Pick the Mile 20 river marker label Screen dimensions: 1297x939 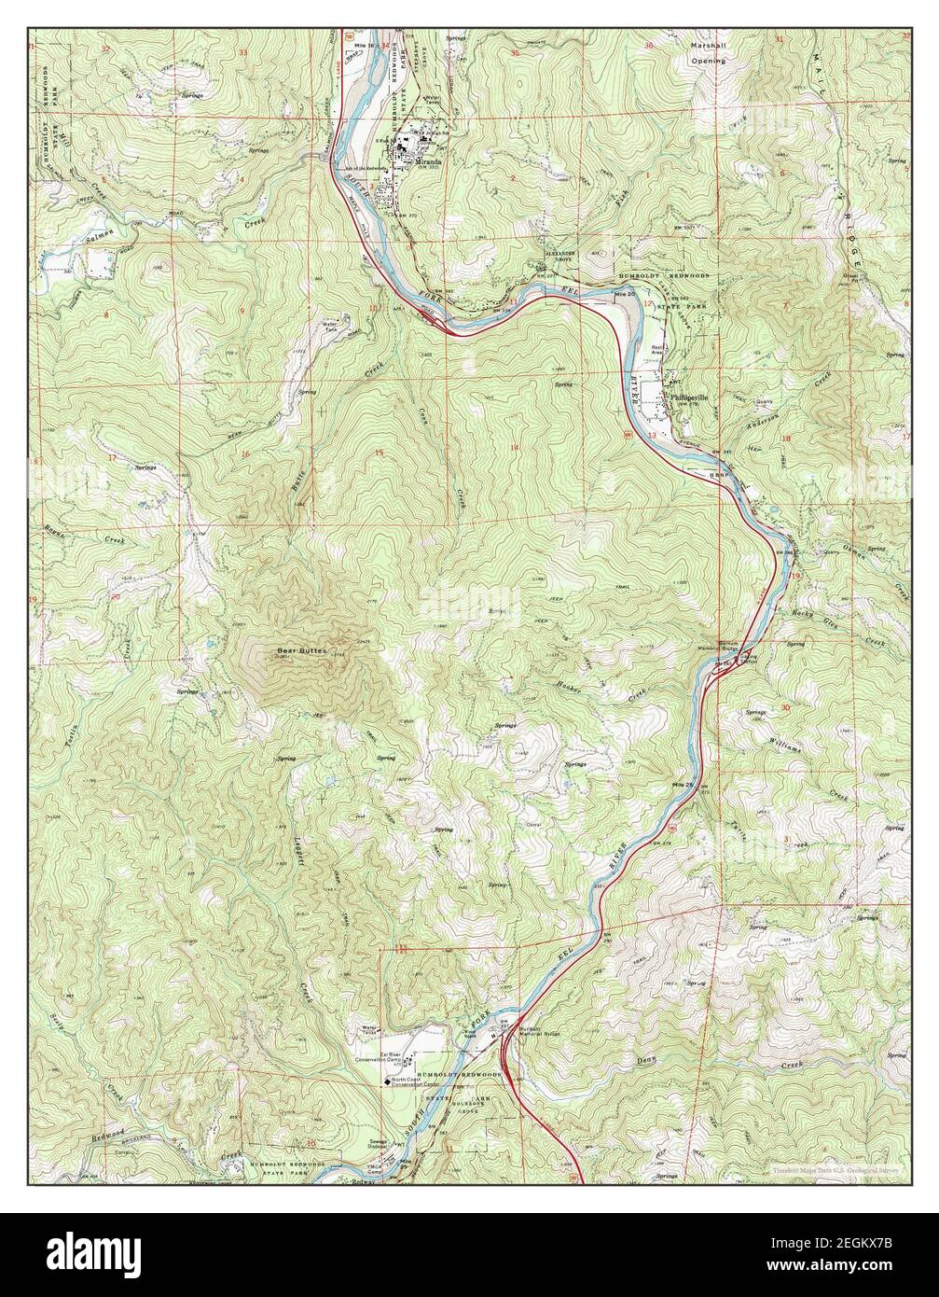pos(625,295)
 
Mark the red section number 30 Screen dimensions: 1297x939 pos(785,707)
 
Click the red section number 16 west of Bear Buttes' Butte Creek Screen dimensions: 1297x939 pos(246,454)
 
